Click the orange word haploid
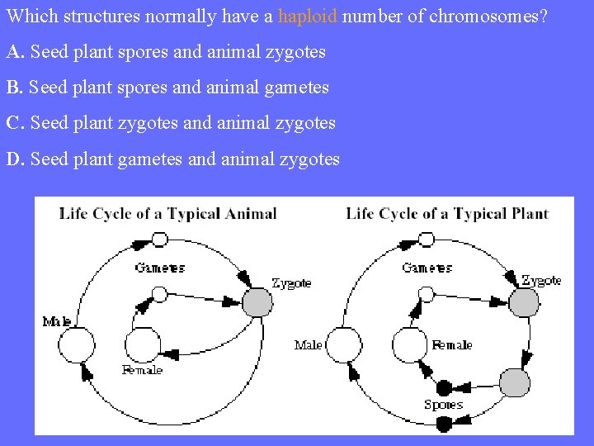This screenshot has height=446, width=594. [x=308, y=16]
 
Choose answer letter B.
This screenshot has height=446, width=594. [x=15, y=88]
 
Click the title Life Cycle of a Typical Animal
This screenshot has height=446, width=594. [x=167, y=213]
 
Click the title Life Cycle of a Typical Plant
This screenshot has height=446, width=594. [x=447, y=213]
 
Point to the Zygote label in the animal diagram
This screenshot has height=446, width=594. [x=291, y=282]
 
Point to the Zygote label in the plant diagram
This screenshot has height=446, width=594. [x=541, y=280]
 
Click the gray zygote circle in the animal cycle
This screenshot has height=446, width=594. [x=257, y=301]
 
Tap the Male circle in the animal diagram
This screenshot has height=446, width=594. [x=79, y=344]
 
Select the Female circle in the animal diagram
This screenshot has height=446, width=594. [x=143, y=344]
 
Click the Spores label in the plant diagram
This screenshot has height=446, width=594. [x=443, y=405]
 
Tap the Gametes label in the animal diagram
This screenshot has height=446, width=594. [x=160, y=268]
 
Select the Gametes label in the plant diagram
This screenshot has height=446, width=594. [x=427, y=268]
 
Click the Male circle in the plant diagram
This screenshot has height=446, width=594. [x=345, y=344]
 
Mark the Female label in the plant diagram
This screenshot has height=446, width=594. [x=451, y=344]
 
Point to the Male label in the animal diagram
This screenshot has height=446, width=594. [x=57, y=321]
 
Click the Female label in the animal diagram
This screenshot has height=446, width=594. [x=142, y=370]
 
